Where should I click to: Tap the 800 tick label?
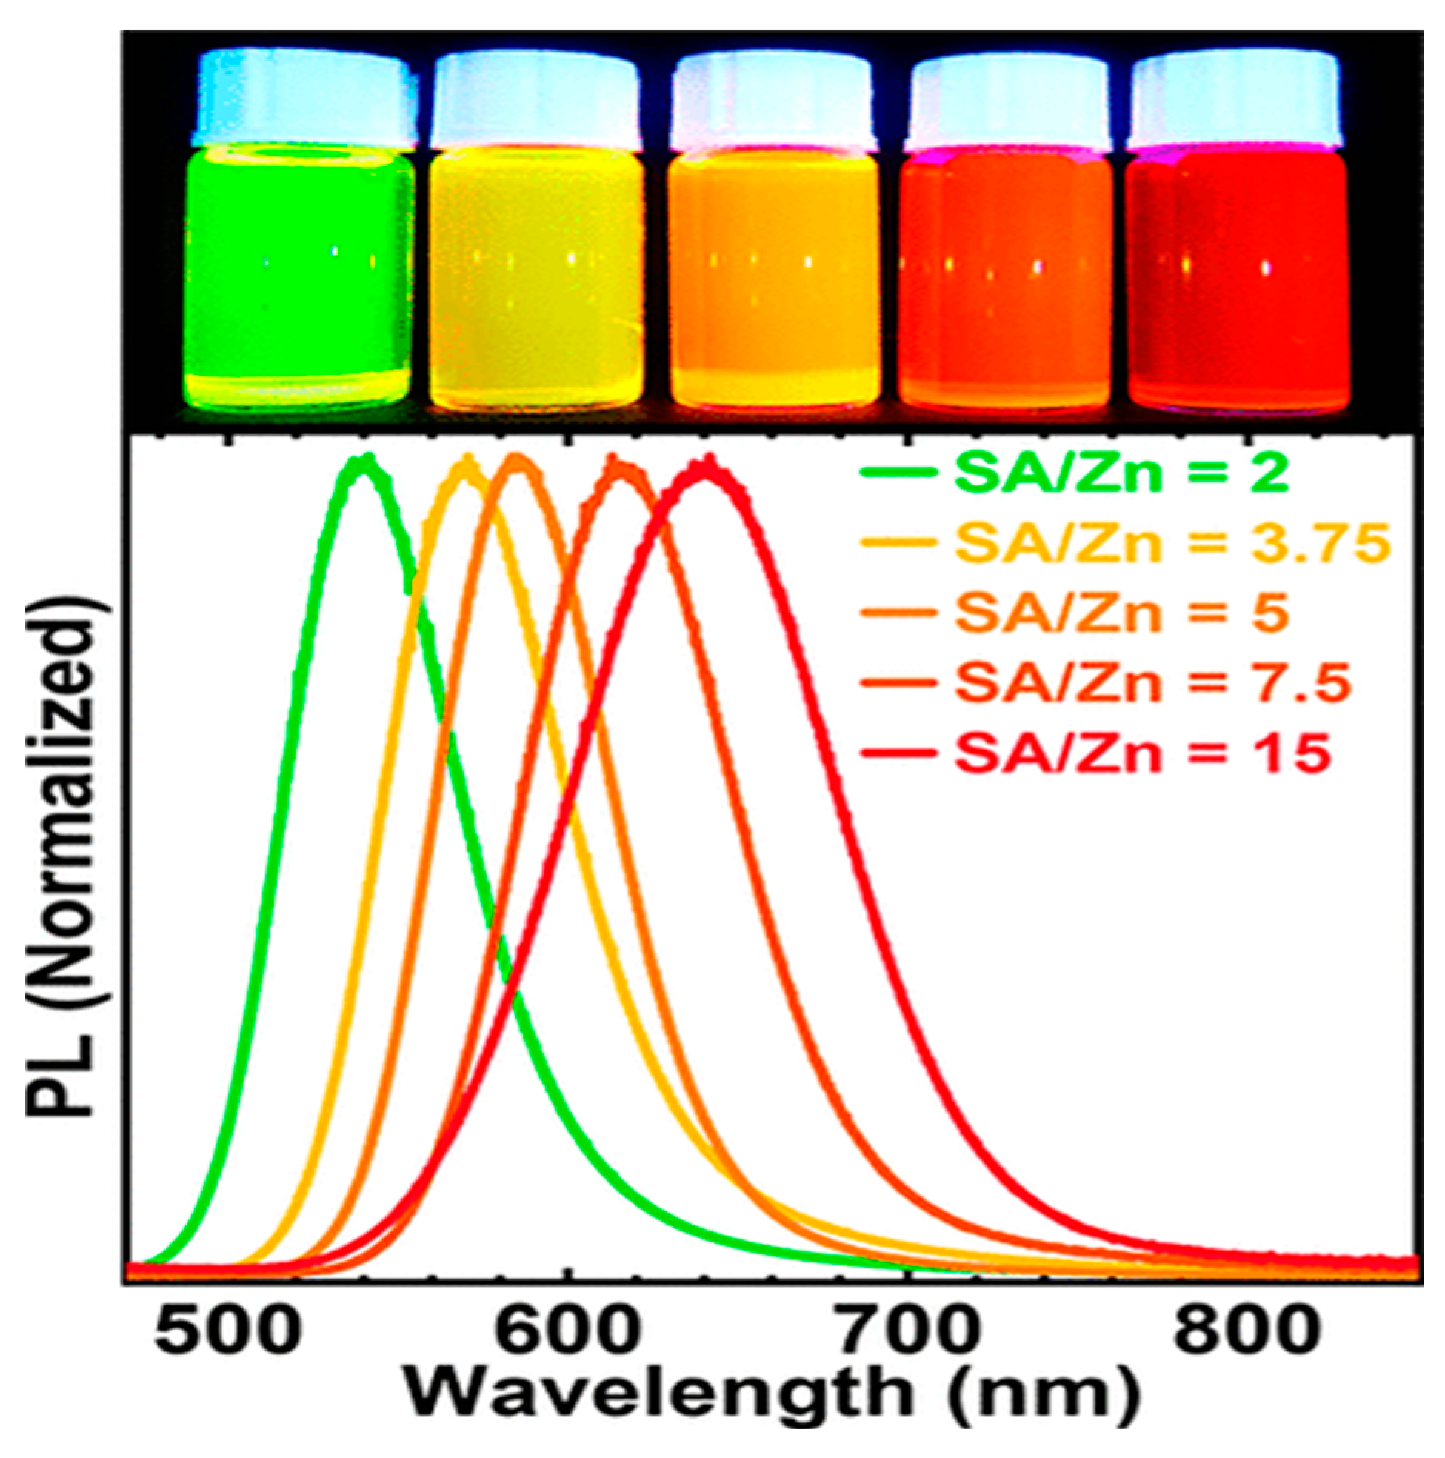click(x=1245, y=1331)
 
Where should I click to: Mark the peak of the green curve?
click(x=364, y=462)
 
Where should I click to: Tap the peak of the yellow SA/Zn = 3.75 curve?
click(x=467, y=463)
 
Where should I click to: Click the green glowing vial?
click(x=299, y=279)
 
